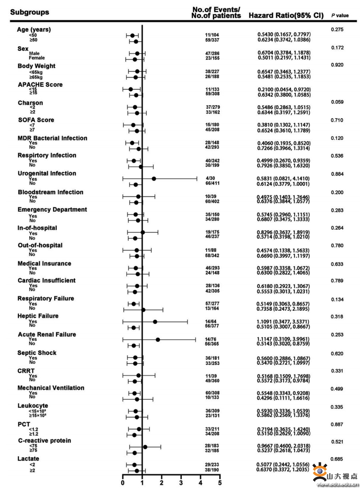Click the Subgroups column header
click(30, 12)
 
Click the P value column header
click(340, 16)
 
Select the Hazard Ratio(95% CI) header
click(286, 15)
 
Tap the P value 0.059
click(337, 102)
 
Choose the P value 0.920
click(337, 65)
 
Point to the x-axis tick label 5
click(220, 483)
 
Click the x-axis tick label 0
click(122, 483)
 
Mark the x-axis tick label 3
click(181, 483)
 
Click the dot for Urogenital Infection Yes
click(154, 179)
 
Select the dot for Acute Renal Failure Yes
click(158, 340)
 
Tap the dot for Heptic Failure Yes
click(155, 321)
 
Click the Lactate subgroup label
click(28, 458)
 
